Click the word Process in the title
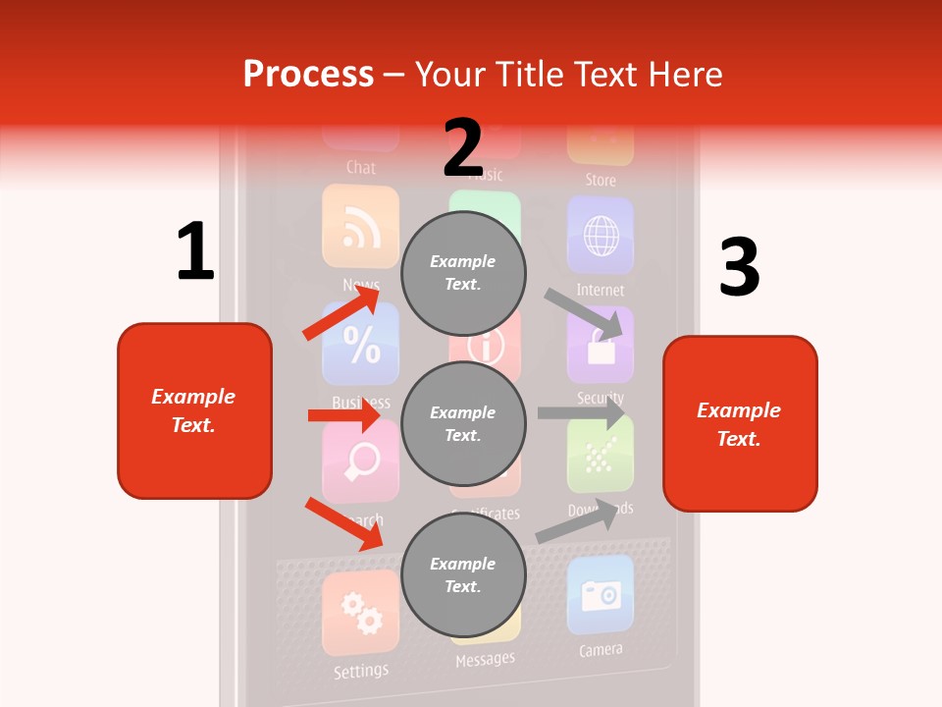tap(308, 75)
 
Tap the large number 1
tap(195, 251)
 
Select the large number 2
tap(463, 147)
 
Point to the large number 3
tap(739, 268)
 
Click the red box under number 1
tap(194, 410)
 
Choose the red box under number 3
tap(740, 423)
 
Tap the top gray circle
tap(463, 272)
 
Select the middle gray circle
tap(463, 423)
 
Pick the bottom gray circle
tap(463, 574)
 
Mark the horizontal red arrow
tap(343, 415)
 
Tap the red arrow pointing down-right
tap(343, 523)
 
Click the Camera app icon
tap(600, 595)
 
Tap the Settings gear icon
tap(360, 614)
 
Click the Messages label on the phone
tap(485, 660)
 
